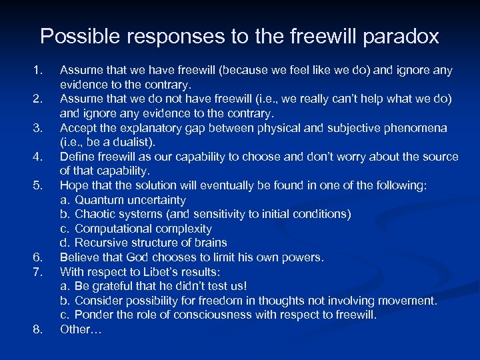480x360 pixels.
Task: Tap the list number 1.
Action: [37, 70]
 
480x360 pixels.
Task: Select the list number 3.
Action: [37, 127]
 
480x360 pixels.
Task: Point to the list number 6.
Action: [37, 257]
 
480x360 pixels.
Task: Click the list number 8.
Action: [37, 329]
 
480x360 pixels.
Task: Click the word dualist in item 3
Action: [133, 142]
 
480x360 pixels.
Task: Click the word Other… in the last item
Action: [80, 329]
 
